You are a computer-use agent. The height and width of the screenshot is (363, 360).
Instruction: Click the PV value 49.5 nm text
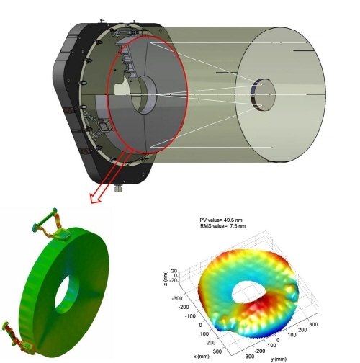221,220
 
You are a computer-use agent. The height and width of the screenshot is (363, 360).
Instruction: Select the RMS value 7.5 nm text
222,226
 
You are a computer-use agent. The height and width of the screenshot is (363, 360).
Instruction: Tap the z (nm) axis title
166,279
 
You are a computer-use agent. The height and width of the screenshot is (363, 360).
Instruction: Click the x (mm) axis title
202,356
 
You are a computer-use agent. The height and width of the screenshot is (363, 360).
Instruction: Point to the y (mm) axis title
279,359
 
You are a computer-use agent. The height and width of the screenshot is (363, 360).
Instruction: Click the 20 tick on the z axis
174,271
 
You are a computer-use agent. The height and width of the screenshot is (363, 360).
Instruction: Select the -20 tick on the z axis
173,280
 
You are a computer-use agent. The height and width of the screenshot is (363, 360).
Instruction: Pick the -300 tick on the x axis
177,298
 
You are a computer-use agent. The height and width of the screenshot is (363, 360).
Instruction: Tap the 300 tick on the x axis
217,351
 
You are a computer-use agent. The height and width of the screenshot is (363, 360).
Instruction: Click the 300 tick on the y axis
313,325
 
